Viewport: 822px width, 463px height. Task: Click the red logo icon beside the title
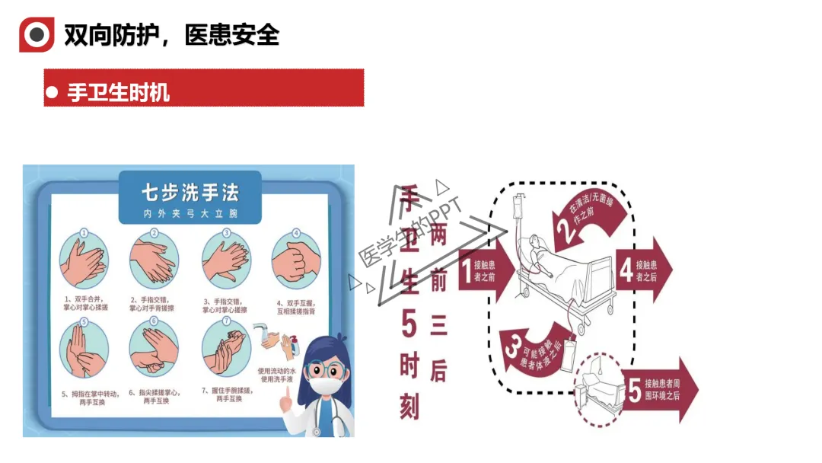(x=37, y=35)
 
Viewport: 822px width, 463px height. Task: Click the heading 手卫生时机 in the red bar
(x=118, y=93)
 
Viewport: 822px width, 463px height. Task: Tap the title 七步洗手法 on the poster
(x=190, y=191)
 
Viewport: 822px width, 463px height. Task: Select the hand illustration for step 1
(x=84, y=260)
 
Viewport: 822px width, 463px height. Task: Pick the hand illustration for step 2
(x=154, y=260)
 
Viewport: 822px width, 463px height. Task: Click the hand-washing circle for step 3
(x=226, y=260)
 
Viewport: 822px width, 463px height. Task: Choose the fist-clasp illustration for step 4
(x=296, y=260)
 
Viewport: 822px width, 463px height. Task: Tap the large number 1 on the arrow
(x=466, y=271)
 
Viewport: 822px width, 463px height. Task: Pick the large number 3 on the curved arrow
(x=513, y=347)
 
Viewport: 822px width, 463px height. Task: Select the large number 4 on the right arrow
(x=626, y=270)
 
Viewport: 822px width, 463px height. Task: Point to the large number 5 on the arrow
(x=633, y=391)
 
